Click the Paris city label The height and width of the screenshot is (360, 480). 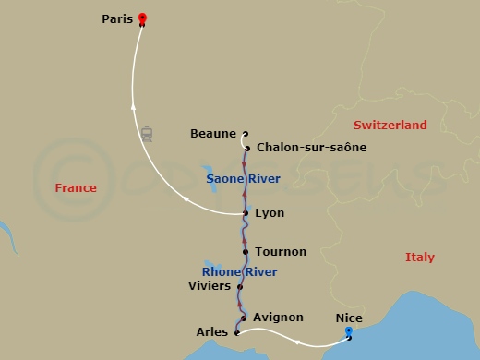(116, 18)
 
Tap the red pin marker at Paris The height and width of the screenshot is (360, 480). (142, 18)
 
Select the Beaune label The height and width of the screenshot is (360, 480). (213, 133)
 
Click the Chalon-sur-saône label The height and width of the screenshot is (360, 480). (311, 147)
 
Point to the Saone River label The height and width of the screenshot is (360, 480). (244, 178)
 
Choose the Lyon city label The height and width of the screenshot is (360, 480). (270, 213)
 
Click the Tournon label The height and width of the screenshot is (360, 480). (281, 251)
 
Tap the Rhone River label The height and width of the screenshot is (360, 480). (240, 271)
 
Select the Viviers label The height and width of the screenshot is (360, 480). (209, 287)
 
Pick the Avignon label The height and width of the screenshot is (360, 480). (277, 318)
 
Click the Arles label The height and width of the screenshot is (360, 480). (212, 332)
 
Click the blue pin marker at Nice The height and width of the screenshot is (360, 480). (348, 331)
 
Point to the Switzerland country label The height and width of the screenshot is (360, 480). (391, 125)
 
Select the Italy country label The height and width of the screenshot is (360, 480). (420, 258)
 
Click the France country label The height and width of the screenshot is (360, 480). (76, 188)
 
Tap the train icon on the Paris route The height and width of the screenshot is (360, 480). (147, 134)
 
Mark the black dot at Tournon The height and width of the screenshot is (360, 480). (246, 251)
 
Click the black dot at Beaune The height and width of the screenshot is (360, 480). (245, 133)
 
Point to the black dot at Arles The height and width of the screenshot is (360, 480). (237, 332)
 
